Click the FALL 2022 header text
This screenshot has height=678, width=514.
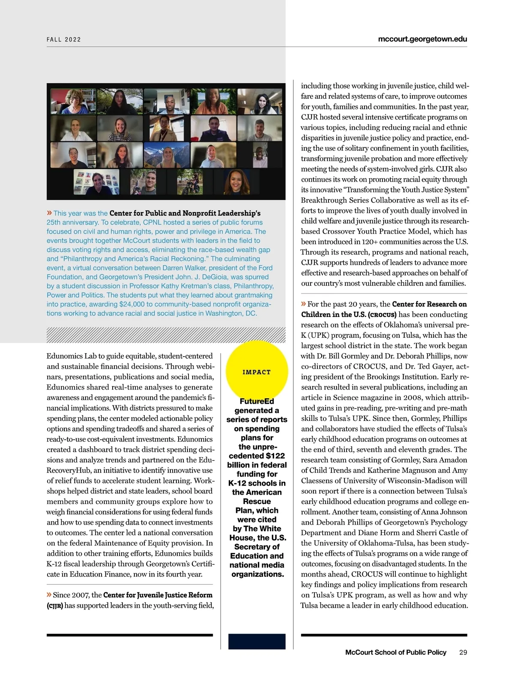pyautogui.click(x=64, y=39)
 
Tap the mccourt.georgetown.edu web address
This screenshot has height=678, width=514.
pyautogui.click(x=422, y=39)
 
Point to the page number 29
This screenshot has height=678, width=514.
pyautogui.click(x=463, y=652)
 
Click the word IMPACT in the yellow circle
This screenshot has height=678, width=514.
pyautogui.click(x=257, y=372)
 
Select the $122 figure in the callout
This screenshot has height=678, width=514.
pyautogui.click(x=275, y=456)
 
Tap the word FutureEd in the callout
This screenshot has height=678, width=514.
pyautogui.click(x=257, y=401)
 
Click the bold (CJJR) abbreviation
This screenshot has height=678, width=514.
pyautogui.click(x=55, y=606)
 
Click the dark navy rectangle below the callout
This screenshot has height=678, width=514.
pyautogui.click(x=257, y=642)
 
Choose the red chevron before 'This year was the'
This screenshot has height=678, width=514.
pyautogui.click(x=49, y=213)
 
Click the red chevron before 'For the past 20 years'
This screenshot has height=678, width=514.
pyautogui.click(x=304, y=304)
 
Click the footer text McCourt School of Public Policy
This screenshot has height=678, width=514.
pyautogui.click(x=395, y=652)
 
